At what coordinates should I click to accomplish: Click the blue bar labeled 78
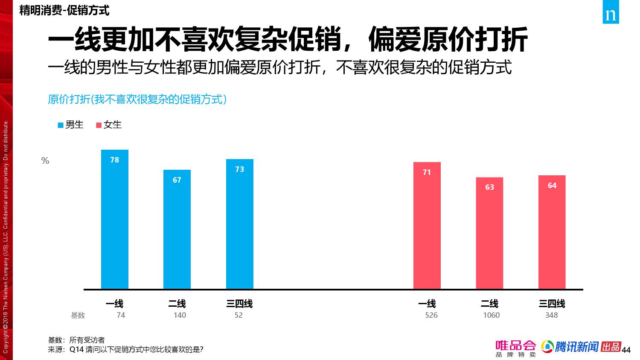115,219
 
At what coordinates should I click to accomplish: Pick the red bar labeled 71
427,226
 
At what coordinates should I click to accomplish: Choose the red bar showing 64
552,232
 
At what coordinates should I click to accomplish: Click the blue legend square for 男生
61,125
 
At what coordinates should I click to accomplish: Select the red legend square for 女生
99,125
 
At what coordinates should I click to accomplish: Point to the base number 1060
491,315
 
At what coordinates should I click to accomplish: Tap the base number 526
431,315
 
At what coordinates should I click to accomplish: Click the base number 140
180,315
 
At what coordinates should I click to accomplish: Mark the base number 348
551,315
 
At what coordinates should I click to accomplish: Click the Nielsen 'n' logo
611,15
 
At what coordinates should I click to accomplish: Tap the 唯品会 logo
515,348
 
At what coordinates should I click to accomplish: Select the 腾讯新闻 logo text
576,347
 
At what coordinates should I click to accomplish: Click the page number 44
626,350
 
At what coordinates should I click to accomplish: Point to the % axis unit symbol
45,161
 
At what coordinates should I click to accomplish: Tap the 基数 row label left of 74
78,315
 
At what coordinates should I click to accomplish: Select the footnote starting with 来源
125,349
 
